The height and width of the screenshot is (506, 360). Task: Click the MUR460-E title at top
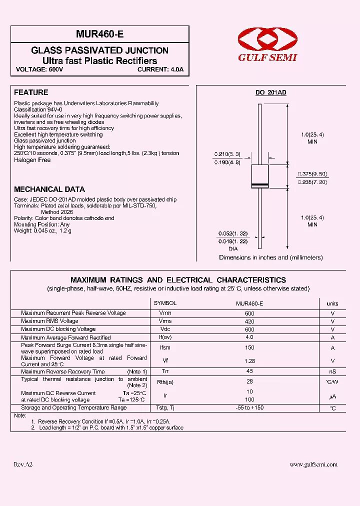coord(100,34)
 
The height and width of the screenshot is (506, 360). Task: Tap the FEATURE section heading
coord(31,92)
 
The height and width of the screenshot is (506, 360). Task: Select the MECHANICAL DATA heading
coord(49,189)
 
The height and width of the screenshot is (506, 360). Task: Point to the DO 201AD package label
coord(270,93)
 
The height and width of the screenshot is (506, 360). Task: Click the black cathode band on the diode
coord(259,185)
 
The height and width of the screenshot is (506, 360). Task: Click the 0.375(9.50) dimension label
coord(312,173)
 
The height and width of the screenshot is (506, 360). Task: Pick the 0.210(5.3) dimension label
coord(227,154)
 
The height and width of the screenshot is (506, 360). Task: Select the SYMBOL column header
coord(165,303)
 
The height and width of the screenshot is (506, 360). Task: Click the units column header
coord(332,303)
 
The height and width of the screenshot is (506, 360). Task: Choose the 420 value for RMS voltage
coord(249,321)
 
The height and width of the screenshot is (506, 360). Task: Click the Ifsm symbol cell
coord(165,347)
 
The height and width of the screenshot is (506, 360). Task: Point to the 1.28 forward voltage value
coord(249,360)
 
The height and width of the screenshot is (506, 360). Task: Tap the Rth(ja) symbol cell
coord(165,382)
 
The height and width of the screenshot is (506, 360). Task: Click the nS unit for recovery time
coord(332,372)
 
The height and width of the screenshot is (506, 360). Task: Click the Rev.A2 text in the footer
coord(23,464)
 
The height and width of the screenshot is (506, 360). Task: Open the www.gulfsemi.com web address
coord(313,464)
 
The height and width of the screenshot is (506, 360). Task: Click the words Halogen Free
coord(32,160)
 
